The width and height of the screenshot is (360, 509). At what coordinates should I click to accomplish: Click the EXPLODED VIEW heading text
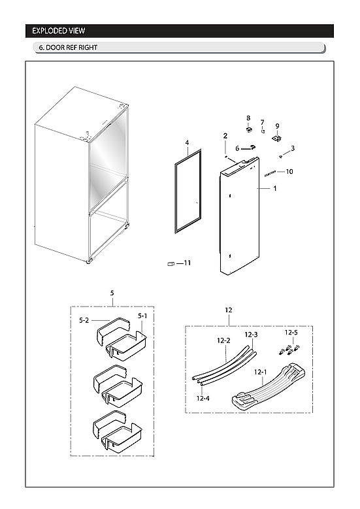point(58,31)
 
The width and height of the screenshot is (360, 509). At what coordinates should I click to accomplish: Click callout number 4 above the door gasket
point(187,142)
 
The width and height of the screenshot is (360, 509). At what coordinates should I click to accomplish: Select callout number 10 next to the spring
point(289,171)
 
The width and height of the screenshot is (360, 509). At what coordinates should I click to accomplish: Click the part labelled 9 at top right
point(277,138)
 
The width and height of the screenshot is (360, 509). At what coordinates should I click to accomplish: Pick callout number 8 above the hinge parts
point(248,118)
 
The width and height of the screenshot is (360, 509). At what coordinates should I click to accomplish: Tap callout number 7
point(263,122)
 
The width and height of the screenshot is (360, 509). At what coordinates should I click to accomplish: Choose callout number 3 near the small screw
point(293,148)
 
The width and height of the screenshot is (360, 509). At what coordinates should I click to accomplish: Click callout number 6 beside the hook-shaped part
point(237,148)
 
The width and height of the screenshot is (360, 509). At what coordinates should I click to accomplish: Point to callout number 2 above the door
point(225,136)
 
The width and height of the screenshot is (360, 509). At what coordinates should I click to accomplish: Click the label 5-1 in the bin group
point(142,316)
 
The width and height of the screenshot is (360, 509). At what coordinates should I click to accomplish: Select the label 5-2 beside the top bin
point(84,320)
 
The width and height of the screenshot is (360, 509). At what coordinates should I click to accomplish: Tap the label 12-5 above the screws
point(292,333)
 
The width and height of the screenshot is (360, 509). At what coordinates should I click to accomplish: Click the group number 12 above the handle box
point(228,310)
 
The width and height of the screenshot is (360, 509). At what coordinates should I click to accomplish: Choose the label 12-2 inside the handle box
point(223,340)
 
